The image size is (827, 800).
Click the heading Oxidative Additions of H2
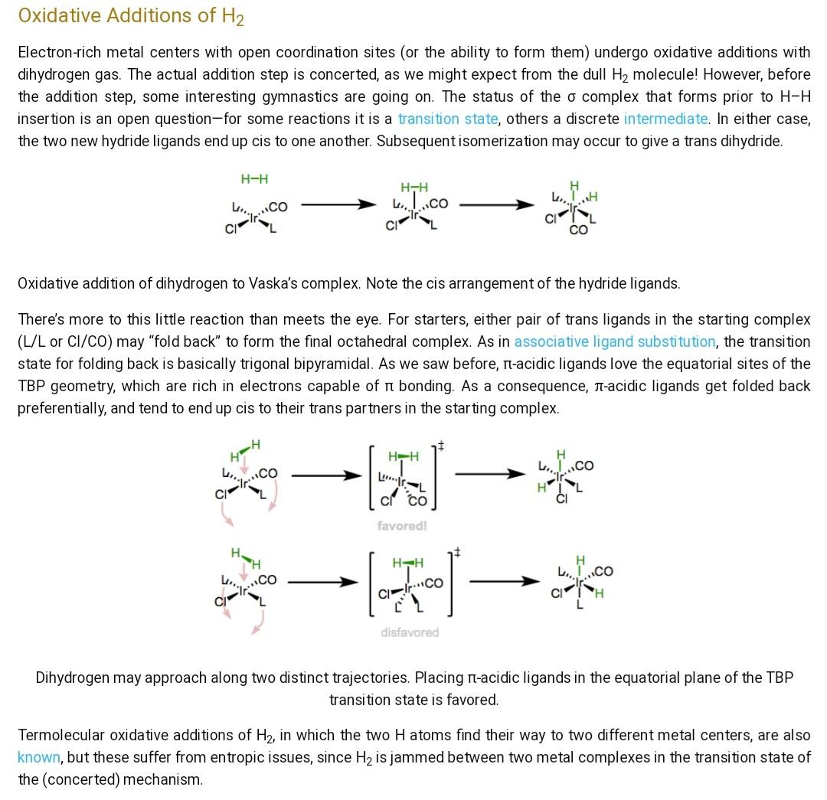point(130,16)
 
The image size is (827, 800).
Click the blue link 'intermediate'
point(665,119)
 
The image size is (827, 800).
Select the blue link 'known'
point(38,758)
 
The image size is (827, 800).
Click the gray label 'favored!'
point(402,526)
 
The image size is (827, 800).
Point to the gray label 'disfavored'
point(410,632)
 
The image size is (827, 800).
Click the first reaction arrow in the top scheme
point(337,205)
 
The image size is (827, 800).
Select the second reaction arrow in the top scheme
point(496,205)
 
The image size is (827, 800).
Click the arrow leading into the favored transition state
point(326,475)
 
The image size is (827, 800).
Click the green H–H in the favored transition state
point(404,457)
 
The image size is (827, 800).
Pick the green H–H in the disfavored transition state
point(407,563)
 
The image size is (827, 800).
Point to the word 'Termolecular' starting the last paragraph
point(60,736)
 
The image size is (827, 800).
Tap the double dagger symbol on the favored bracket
point(442,446)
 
